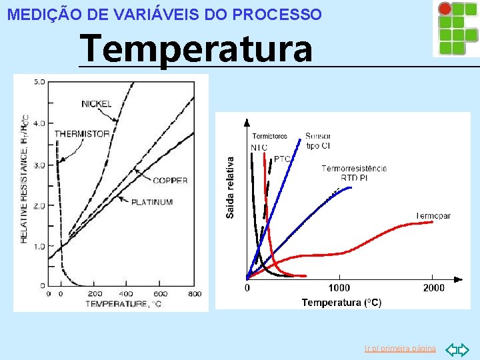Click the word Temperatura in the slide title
195,49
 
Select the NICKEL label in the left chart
97,103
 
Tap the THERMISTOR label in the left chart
81,134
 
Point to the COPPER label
169,180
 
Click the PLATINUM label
152,202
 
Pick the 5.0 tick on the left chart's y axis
39,82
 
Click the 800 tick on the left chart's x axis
194,293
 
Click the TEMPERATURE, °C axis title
123,304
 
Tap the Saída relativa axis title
230,187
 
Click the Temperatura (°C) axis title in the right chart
341,303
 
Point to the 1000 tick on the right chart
339,287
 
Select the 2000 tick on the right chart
433,287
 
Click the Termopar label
433,216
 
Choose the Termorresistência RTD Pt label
353,173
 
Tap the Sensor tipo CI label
318,141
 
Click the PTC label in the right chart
282,159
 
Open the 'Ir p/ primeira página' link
400,349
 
